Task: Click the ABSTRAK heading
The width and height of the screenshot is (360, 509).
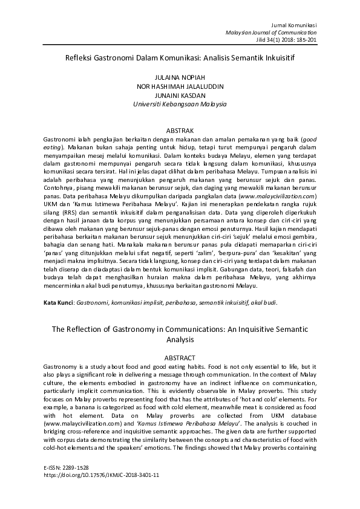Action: coord(180,130)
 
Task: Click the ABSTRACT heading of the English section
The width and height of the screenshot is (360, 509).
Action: coord(180,357)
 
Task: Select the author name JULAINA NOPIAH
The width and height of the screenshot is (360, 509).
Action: coord(180,78)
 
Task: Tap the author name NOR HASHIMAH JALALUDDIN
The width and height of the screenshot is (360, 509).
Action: coord(180,86)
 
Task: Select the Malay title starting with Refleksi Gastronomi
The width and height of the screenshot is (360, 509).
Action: coord(180,59)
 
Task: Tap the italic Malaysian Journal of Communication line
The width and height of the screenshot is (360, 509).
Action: coord(270,32)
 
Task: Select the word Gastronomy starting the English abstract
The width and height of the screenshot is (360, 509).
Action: coord(62,367)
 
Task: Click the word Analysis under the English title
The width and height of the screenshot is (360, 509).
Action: coord(180,340)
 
